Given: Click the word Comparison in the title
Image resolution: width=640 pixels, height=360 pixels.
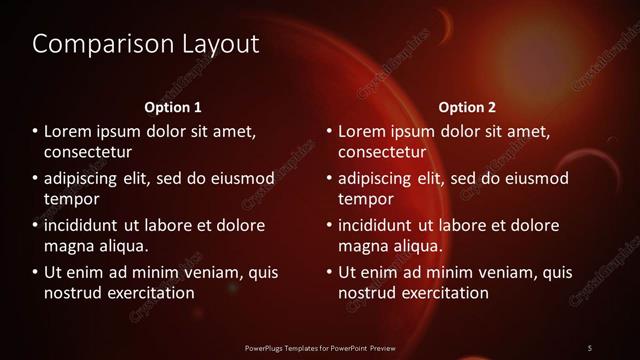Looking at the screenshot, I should tap(93, 45).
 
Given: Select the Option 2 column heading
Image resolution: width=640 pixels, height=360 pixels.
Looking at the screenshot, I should tap(466, 106).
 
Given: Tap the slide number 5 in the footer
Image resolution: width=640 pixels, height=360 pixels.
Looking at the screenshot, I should tap(589, 346).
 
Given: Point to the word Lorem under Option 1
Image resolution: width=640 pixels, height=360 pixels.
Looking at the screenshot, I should tap(69, 131).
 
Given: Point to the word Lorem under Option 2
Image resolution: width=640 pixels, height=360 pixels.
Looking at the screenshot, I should tap(363, 131).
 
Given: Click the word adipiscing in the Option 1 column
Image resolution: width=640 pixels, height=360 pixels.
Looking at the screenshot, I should tap(87, 178).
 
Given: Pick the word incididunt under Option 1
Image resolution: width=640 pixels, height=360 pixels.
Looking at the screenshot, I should tap(87, 225).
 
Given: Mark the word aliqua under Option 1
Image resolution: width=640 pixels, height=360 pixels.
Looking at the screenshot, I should tap(120, 246).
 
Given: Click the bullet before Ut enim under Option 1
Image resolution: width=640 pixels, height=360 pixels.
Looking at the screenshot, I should tap(35, 272).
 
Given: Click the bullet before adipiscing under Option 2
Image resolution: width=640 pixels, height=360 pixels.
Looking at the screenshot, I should tap(329, 178).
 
